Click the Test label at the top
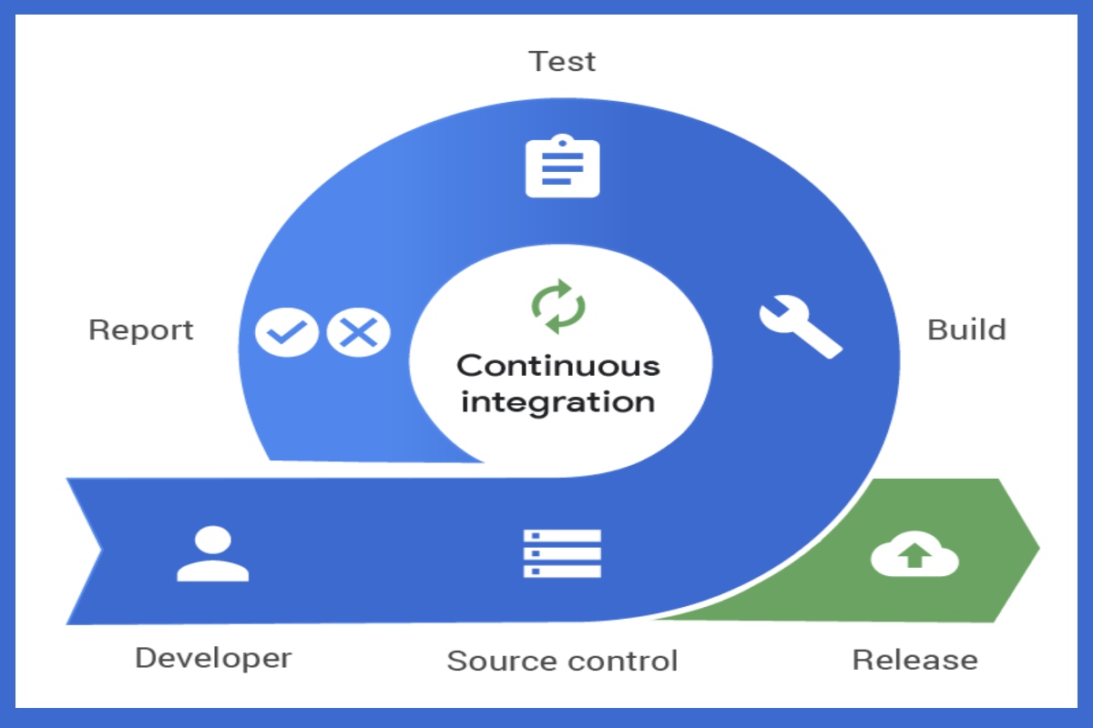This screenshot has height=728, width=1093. click(x=562, y=62)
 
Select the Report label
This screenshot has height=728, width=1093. click(x=141, y=330)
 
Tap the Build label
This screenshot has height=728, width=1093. click(x=966, y=329)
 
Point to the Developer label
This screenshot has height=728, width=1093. click(x=213, y=659)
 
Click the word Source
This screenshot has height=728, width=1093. click(x=502, y=662)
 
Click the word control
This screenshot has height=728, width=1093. click(x=623, y=662)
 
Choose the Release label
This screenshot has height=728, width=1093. click(x=914, y=661)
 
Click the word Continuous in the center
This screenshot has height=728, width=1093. click(x=558, y=366)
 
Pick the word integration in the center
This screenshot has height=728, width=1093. click(x=558, y=403)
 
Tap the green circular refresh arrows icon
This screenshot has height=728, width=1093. click(x=558, y=307)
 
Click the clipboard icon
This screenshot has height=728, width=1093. click(x=563, y=166)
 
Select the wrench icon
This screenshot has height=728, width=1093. click(x=801, y=326)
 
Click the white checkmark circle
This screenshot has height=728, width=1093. click(x=286, y=332)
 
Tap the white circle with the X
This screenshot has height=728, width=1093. click(x=358, y=332)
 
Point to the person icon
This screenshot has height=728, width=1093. click(x=213, y=554)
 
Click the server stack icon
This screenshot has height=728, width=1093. click(x=562, y=553)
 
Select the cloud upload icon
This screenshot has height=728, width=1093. click(x=914, y=554)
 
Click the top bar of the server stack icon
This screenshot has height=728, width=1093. click(x=562, y=536)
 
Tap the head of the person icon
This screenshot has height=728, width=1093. click(x=213, y=540)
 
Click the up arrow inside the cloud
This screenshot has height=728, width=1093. click(x=914, y=555)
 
